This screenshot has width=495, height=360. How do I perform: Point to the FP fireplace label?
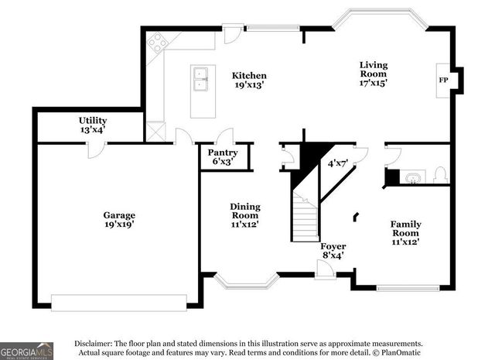(x=444, y=80)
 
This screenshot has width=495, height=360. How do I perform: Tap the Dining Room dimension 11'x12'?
(x=244, y=224)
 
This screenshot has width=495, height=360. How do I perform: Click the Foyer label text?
(x=333, y=246)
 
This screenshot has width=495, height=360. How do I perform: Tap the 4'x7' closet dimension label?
(x=338, y=163)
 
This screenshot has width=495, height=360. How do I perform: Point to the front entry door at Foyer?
(x=325, y=269)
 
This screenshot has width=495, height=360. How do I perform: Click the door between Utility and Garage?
(x=94, y=150)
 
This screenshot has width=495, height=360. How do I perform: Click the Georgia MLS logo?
(x=26, y=350)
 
